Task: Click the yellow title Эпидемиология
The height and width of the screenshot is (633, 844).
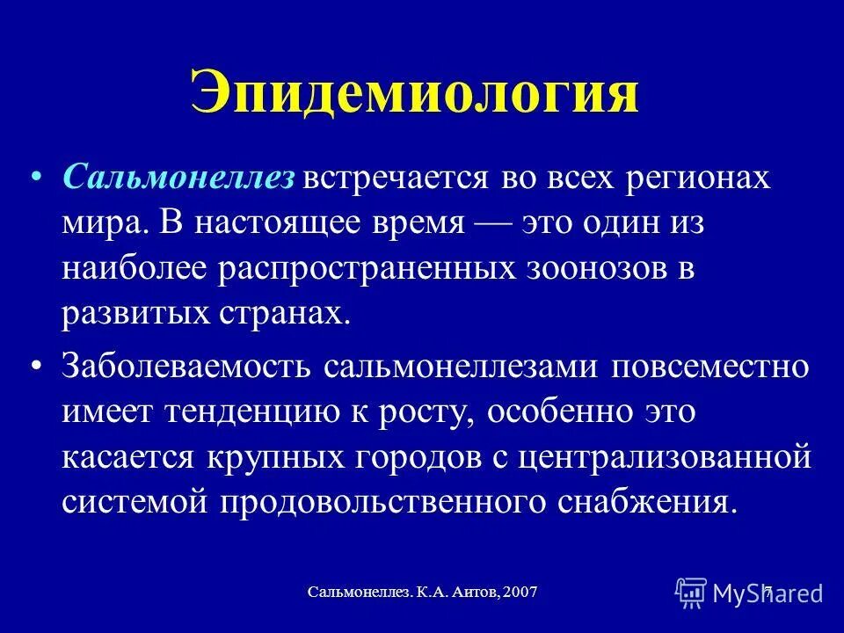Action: tap(413, 94)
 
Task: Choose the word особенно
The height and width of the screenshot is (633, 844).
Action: tap(579, 411)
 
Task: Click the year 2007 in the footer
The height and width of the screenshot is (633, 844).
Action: tap(517, 593)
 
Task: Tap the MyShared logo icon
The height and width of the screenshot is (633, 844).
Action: tap(691, 592)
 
